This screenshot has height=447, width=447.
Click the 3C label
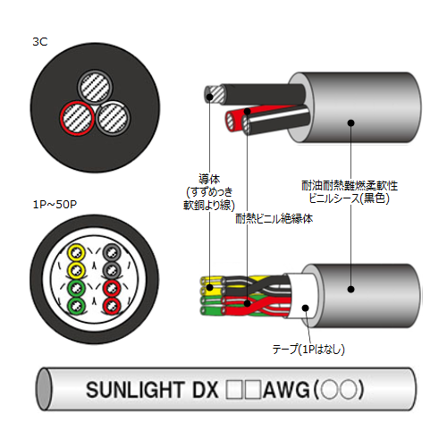coord(40,42)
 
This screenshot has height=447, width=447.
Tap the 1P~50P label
coord(55,205)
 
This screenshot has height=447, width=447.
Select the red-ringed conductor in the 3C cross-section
coord(77,118)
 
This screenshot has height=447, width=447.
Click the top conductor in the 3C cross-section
coord(95,88)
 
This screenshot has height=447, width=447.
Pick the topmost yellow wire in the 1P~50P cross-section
coord(77,253)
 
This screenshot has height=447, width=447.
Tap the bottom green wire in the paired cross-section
coord(77,305)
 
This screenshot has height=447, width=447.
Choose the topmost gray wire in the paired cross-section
coord(112,253)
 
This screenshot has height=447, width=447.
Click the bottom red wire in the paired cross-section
coord(112,305)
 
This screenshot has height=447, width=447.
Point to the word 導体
coord(209,179)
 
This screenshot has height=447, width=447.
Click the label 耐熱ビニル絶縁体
coord(274,219)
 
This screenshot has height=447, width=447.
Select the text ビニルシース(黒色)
coord(349,198)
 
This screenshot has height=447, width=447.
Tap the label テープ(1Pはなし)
coord(308,349)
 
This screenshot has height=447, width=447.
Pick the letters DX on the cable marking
coord(206,390)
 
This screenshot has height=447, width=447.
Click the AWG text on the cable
coord(286,390)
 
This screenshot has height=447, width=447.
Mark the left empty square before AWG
coord(235,390)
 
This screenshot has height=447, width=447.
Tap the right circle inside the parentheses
coord(349,390)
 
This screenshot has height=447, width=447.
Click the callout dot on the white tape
coord(306,308)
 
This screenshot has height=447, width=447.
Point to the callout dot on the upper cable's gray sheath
coord(351,122)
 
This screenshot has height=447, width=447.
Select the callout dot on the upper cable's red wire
coord(247,111)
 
